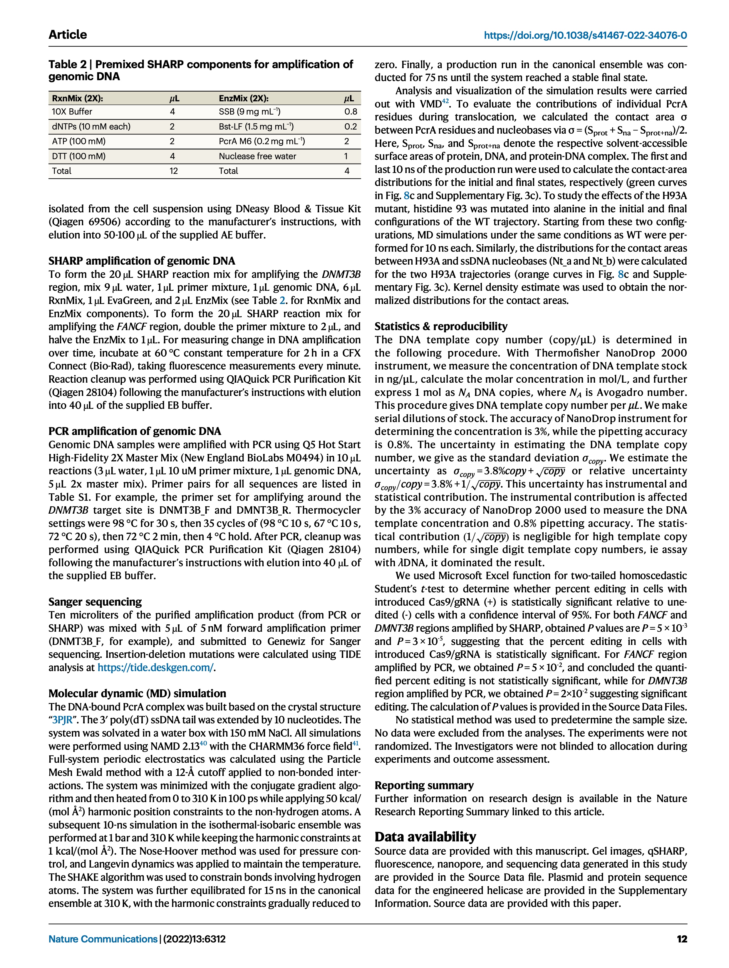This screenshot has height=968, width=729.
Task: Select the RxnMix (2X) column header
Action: click(x=78, y=98)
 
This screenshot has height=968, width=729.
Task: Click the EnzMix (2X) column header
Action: click(x=243, y=98)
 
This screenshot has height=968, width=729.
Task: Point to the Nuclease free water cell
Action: click(x=257, y=156)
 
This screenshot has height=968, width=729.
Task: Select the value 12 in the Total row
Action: click(x=174, y=171)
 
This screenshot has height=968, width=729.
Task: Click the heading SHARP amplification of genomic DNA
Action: click(x=141, y=261)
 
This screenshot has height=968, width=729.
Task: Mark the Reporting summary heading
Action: click(x=424, y=786)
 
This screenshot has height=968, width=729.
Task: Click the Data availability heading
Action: click(x=425, y=837)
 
